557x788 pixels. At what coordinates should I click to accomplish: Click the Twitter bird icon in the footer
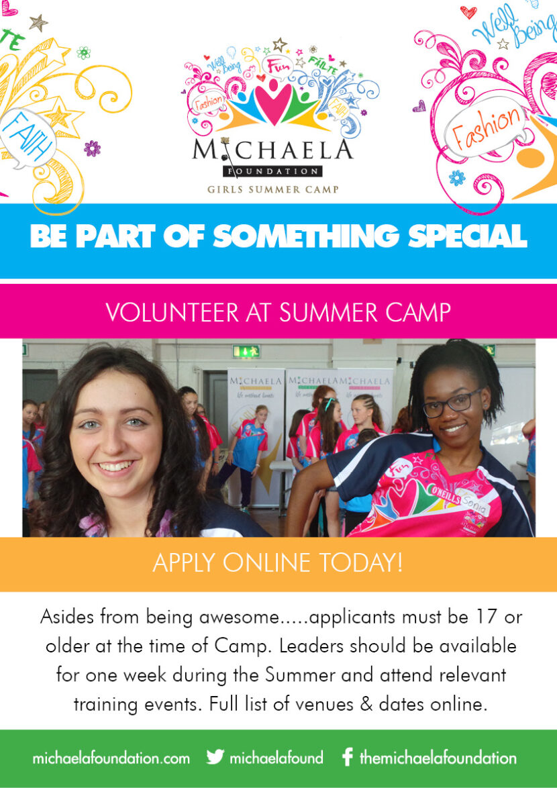click(x=215, y=757)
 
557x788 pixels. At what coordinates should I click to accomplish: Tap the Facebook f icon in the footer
click(x=346, y=757)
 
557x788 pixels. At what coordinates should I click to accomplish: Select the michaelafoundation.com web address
click(x=111, y=757)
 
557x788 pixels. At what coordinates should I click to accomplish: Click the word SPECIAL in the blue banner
click(x=468, y=236)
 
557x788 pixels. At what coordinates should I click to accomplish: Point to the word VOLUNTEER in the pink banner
click(x=172, y=312)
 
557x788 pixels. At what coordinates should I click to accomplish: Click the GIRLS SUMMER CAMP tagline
click(x=272, y=189)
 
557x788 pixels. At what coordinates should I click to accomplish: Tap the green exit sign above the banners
click(x=246, y=351)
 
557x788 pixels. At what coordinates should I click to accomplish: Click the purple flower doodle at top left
click(x=93, y=148)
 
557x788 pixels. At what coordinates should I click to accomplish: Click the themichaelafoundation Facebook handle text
click(x=438, y=757)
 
